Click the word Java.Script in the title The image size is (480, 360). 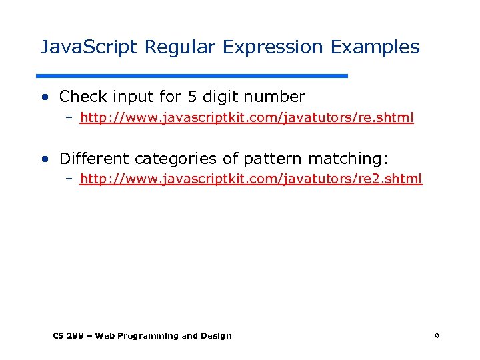click(89, 47)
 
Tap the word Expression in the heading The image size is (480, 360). click(274, 48)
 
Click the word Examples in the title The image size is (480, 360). click(375, 47)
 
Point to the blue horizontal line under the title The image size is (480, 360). click(192, 75)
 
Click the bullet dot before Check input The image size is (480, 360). click(45, 97)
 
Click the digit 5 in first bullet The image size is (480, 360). click(192, 97)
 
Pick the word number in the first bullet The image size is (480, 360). click(276, 97)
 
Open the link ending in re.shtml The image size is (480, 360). click(247, 118)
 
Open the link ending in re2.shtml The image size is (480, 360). click(251, 179)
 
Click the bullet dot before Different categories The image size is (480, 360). click(45, 159)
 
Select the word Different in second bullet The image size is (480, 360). click(94, 159)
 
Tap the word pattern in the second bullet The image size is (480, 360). click(273, 159)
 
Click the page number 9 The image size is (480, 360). click(437, 337)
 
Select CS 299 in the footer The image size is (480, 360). click(68, 336)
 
